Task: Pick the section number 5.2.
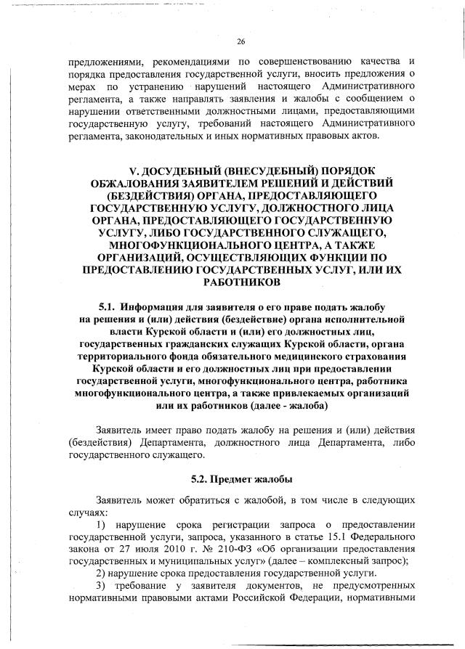[201, 479]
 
